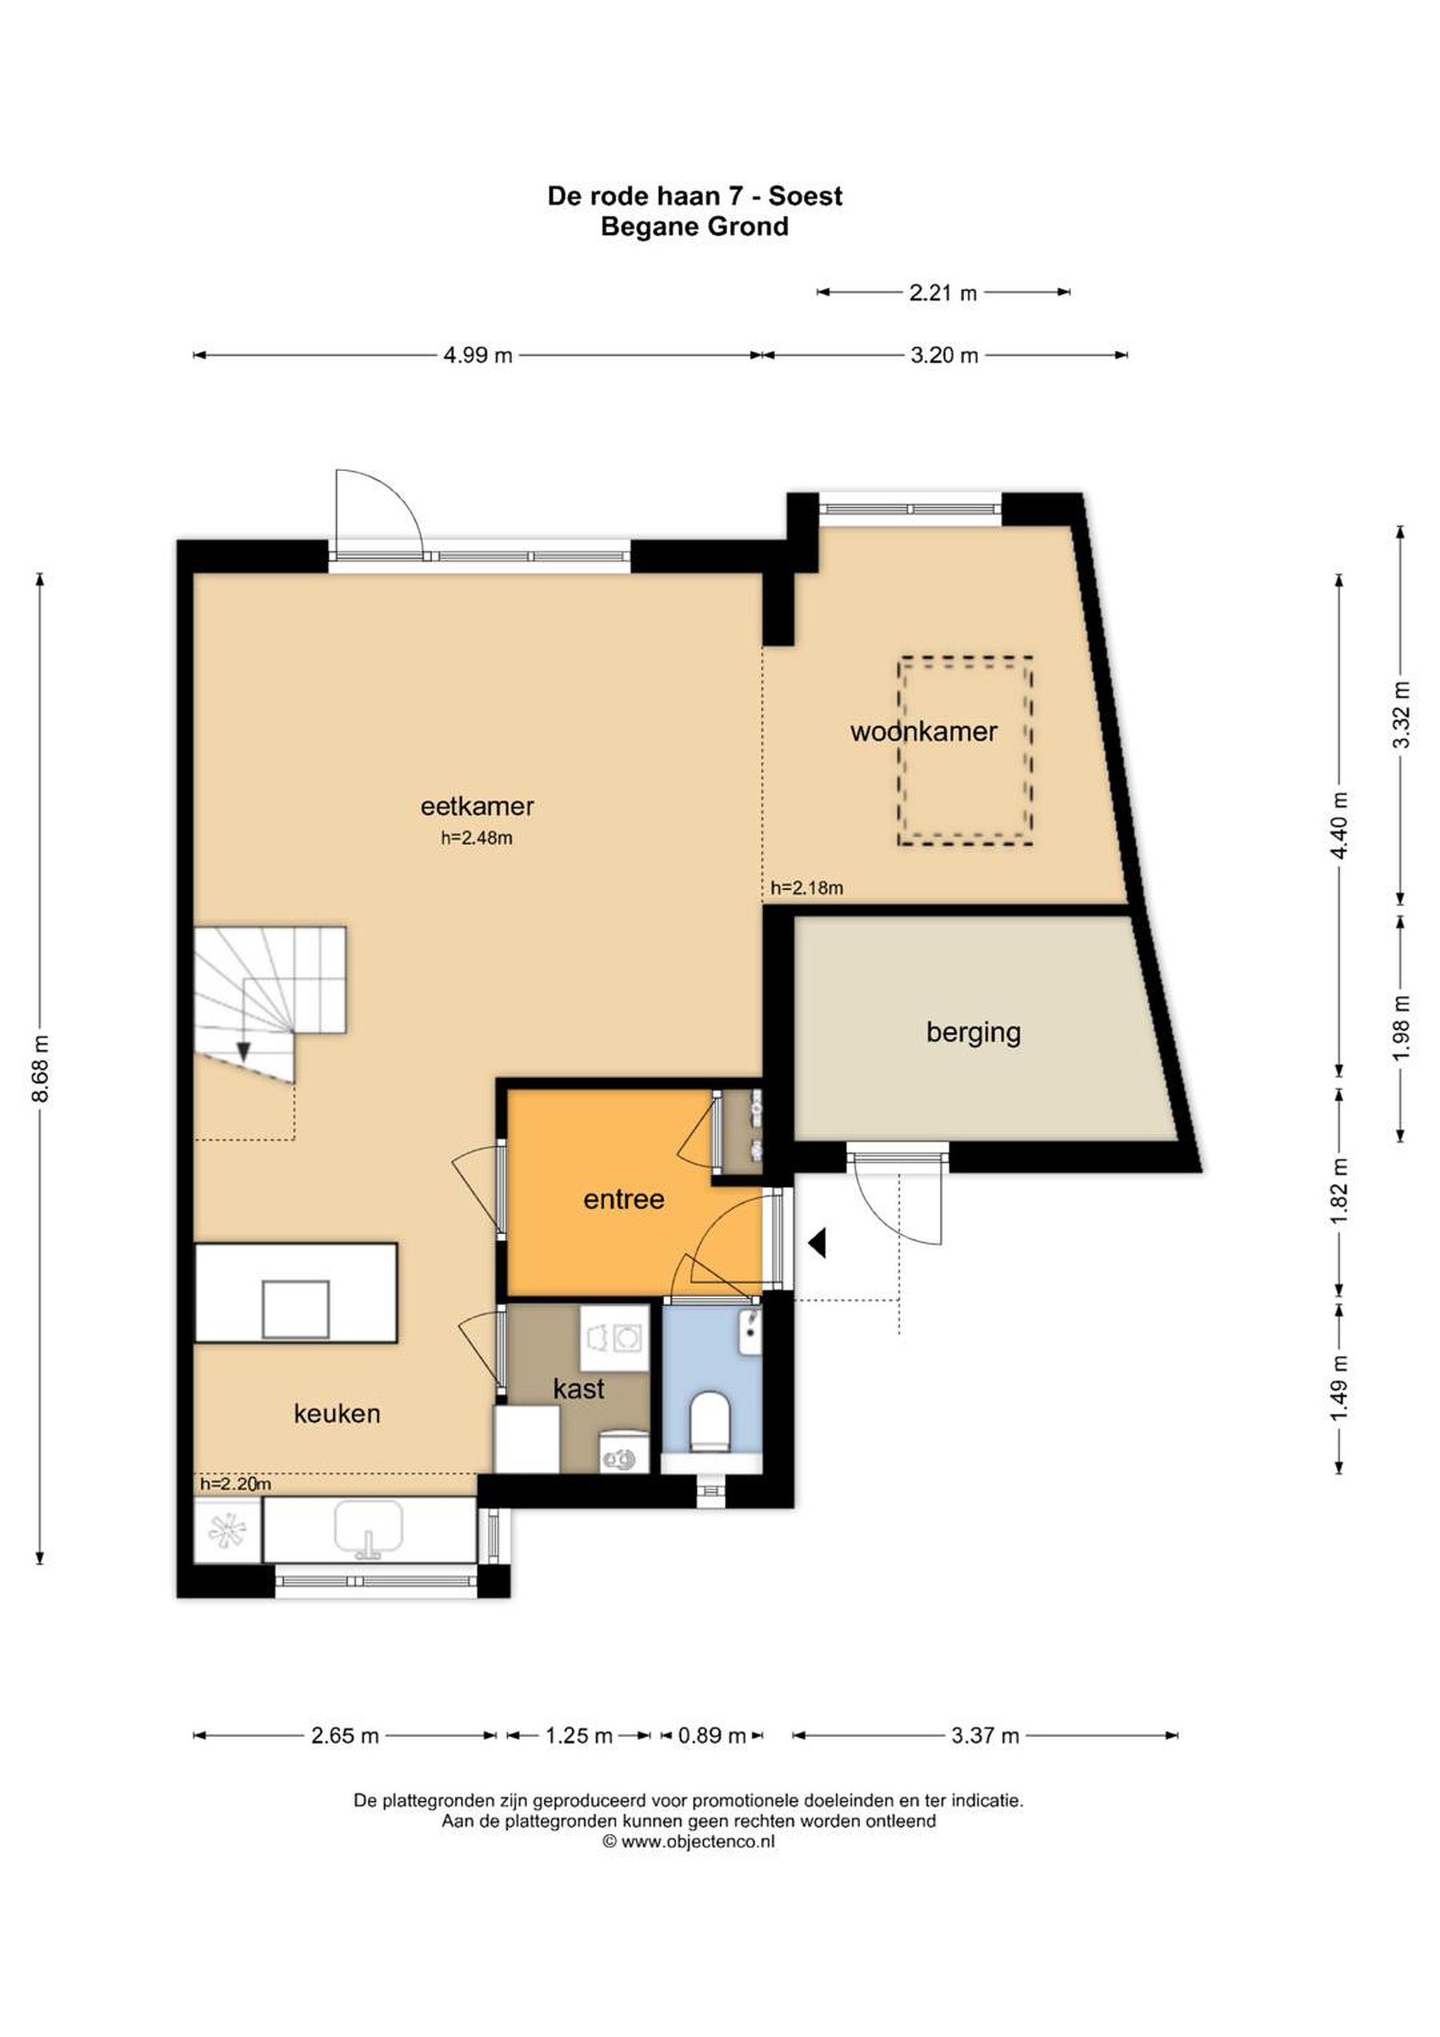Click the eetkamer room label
[x=477, y=806]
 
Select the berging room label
[x=973, y=1033]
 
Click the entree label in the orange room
[x=624, y=1200]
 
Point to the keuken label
[x=337, y=1413]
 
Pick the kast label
[x=579, y=1388]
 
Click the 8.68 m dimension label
[x=40, y=1068]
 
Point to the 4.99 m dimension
[x=478, y=356]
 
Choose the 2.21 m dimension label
[x=943, y=293]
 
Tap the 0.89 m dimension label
[x=712, y=1736]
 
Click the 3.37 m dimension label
[x=985, y=1736]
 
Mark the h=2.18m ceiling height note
[x=806, y=887]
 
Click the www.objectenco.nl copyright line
[x=690, y=1841]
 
